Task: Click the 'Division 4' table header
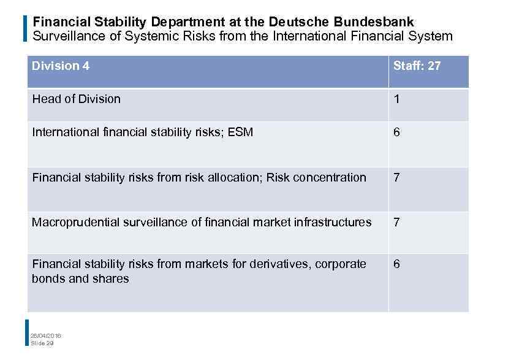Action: [61, 66]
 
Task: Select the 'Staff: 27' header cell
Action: [417, 66]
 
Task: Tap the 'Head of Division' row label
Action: [76, 99]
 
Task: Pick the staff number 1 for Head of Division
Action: [396, 99]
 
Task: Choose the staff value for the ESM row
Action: [396, 132]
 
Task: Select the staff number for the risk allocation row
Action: [396, 177]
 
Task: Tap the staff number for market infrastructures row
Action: [396, 222]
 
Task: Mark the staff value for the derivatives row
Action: [396, 264]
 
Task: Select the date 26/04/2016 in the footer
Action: [46, 335]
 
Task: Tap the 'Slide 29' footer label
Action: [42, 343]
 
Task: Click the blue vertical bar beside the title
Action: [25, 28]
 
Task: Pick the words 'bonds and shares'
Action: [80, 278]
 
